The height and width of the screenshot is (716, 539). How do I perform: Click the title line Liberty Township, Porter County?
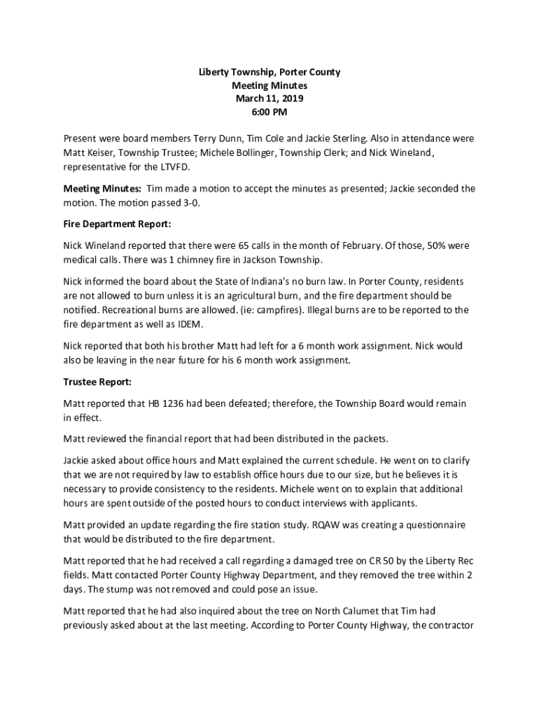point(269,72)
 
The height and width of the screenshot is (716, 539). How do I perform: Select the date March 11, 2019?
point(269,99)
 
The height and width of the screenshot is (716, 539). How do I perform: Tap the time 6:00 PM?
point(269,112)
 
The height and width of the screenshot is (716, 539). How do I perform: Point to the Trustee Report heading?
point(97,382)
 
